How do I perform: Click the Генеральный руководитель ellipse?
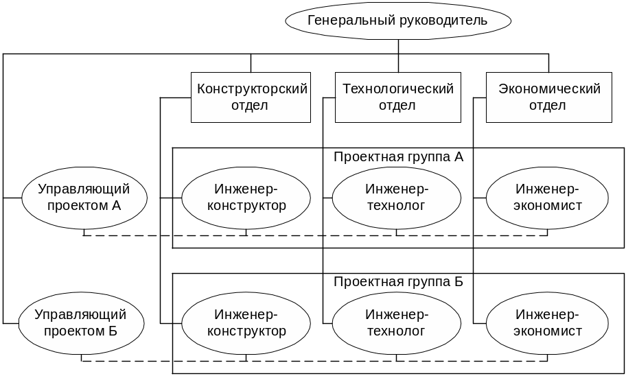click(398, 21)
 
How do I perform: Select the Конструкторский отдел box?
click(251, 97)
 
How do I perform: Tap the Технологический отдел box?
click(398, 97)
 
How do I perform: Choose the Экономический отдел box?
click(549, 97)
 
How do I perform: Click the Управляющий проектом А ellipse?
click(84, 198)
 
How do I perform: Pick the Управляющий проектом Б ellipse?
click(82, 323)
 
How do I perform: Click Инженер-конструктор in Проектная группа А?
click(246, 198)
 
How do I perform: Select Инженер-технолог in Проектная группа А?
click(397, 198)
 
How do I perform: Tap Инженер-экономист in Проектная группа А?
click(547, 198)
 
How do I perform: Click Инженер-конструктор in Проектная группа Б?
click(246, 323)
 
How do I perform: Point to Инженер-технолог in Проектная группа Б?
click(397, 323)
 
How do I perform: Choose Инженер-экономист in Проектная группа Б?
click(547, 323)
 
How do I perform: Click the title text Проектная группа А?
click(398, 157)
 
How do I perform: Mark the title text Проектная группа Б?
click(398, 282)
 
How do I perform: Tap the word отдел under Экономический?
click(547, 106)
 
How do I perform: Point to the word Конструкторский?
click(253, 89)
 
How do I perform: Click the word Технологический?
click(398, 89)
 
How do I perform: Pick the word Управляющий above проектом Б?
click(80, 314)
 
